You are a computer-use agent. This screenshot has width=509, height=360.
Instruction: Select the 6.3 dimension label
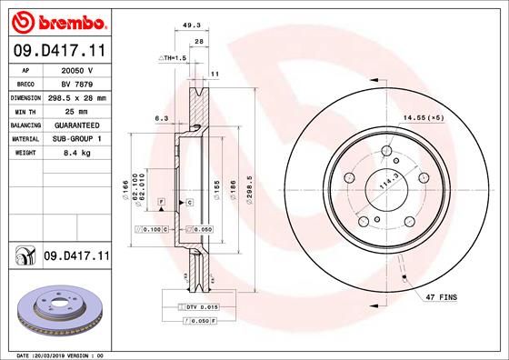coord(163,117)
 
